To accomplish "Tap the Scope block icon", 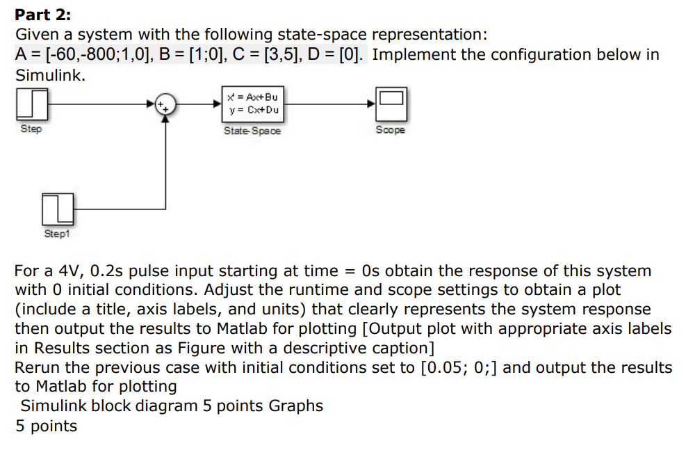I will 389,104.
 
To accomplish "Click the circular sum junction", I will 165,104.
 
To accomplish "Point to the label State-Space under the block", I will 252,131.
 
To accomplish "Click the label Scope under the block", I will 389,130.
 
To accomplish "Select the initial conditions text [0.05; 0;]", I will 459,367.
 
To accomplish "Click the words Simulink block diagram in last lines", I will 108,406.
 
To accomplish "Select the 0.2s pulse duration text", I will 111,271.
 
